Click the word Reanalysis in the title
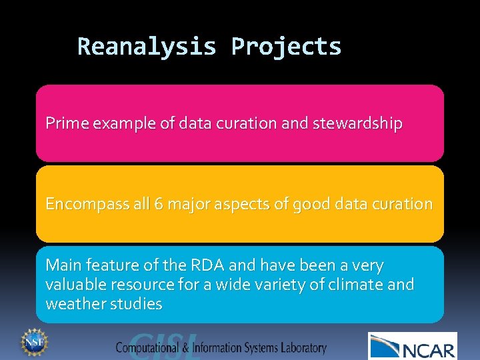point(147,47)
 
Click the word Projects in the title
point(286,47)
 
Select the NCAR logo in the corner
point(413,347)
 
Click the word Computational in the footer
point(149,347)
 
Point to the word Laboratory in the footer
point(303,347)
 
